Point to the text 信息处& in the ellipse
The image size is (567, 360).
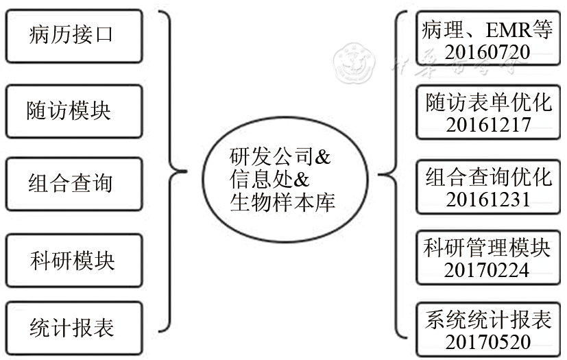[270, 181]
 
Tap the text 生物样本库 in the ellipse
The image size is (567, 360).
[282, 204]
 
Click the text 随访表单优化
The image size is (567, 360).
[487, 103]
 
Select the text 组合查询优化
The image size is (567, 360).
[487, 177]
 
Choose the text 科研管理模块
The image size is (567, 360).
[487, 248]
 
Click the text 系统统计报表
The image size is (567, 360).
[487, 320]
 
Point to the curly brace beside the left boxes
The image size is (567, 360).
[176, 171]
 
